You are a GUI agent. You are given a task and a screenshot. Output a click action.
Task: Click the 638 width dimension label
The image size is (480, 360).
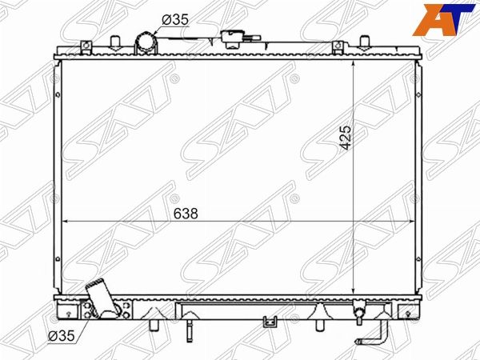coord(186,214)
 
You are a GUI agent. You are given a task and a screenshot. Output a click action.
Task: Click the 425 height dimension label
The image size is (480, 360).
coord(346,138)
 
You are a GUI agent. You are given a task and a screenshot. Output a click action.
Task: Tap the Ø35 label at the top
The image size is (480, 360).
coord(175,20)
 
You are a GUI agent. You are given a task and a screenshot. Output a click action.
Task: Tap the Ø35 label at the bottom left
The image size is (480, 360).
coord(62,336)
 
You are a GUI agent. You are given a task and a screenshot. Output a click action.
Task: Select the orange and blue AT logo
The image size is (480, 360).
coord(443,19)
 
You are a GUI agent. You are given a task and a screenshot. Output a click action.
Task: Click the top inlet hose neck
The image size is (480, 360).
coord(146,43)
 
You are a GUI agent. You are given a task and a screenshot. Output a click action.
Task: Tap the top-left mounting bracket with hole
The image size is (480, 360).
coord(86,46)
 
